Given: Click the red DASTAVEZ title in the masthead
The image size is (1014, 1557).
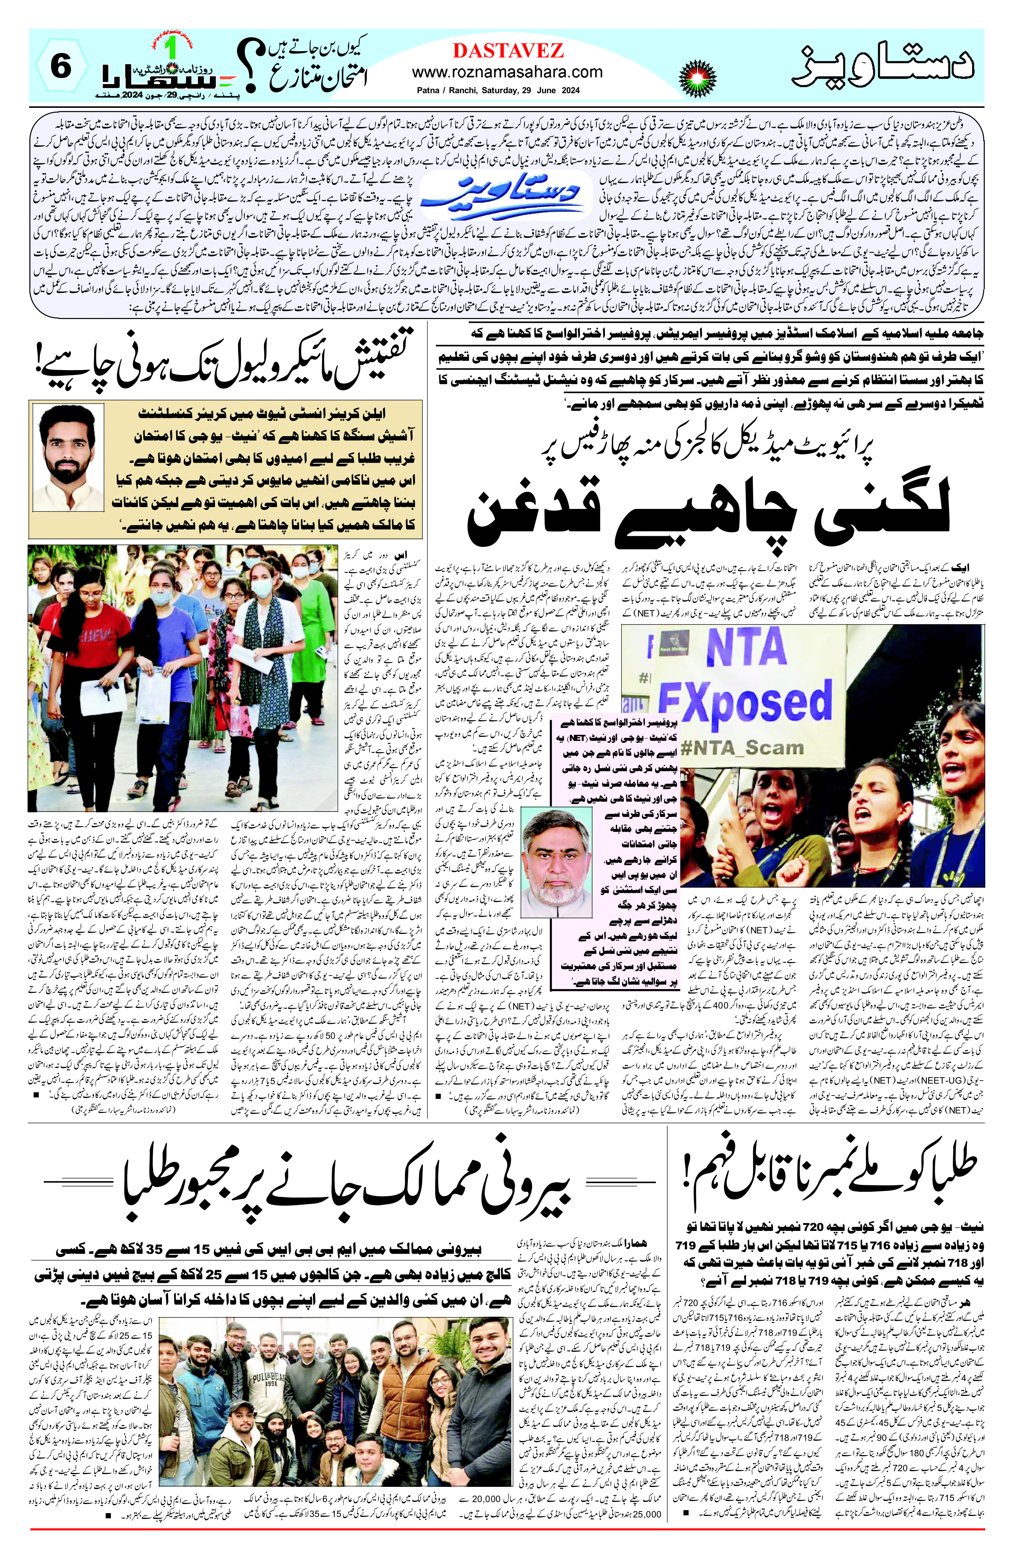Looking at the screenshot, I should coord(507,50).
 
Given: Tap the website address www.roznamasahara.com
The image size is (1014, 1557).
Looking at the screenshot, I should coord(507,72).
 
